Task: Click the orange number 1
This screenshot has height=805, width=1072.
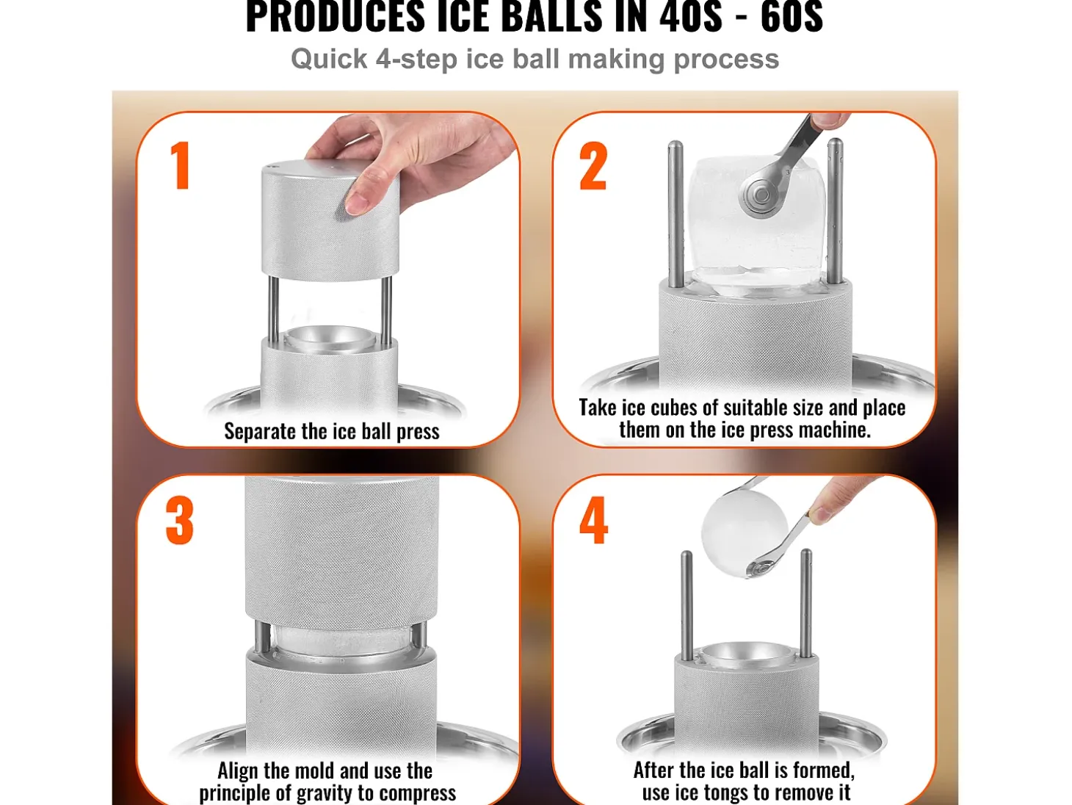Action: click(181, 165)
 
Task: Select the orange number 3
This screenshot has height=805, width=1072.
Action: click(180, 520)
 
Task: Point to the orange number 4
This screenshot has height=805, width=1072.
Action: click(594, 520)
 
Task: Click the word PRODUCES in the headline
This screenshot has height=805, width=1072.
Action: click(335, 17)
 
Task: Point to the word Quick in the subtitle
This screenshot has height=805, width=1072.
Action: click(329, 59)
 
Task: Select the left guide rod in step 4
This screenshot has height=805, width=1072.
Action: click(687, 606)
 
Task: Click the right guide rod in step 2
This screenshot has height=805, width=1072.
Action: click(835, 211)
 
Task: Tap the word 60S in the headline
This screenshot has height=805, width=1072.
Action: click(792, 17)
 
